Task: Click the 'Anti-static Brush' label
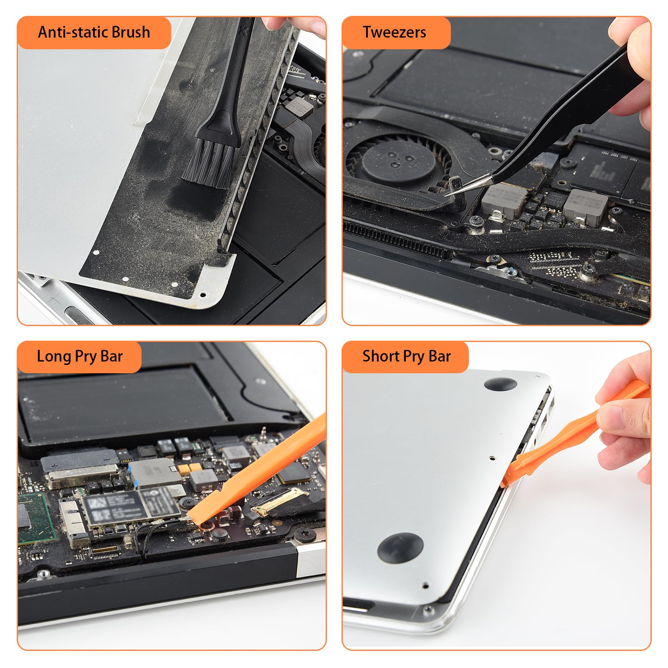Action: (94, 32)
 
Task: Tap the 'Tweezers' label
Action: (394, 32)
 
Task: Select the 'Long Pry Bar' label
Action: (80, 357)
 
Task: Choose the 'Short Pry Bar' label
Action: (407, 357)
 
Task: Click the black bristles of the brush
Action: (208, 163)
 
